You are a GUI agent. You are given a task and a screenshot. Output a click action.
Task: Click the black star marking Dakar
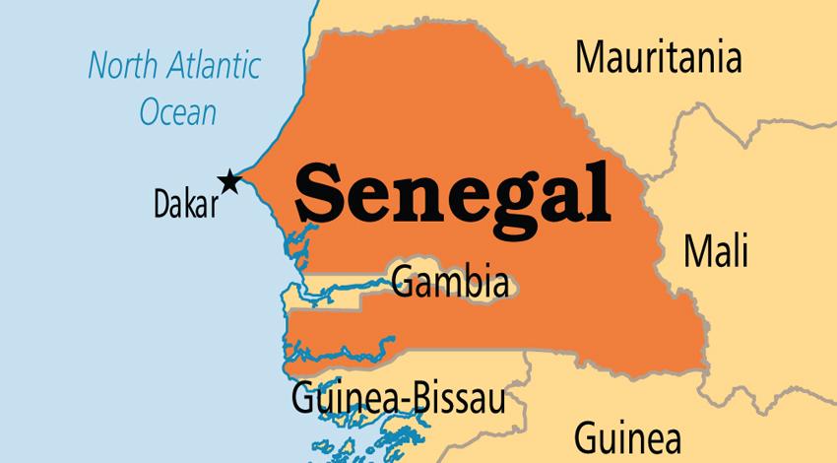(x=229, y=180)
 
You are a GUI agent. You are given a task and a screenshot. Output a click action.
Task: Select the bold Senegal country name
(x=453, y=191)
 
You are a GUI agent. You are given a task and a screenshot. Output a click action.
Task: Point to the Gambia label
(x=451, y=282)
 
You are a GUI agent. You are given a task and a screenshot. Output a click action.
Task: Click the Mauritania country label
(x=658, y=58)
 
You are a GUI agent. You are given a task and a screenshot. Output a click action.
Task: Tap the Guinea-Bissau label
(x=398, y=400)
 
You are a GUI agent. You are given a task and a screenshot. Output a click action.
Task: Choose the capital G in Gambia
(x=402, y=282)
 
